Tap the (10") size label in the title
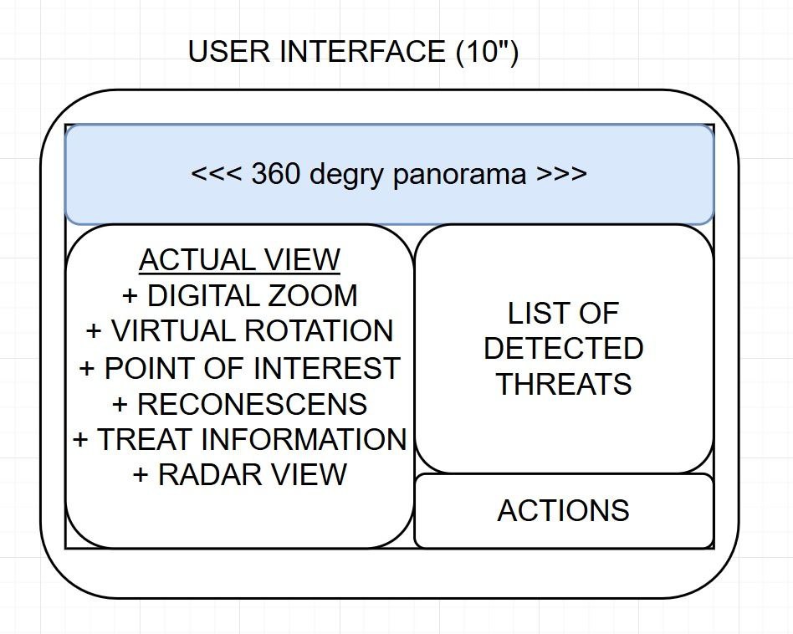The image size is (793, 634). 487,52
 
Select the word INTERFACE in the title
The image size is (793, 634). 365,52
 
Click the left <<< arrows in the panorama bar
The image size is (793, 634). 217,175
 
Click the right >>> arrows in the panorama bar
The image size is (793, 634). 561,175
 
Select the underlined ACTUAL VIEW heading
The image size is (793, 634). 239,260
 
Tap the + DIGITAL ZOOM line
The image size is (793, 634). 239,296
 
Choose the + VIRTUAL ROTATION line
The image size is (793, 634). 239,331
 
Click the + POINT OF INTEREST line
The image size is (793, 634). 239,368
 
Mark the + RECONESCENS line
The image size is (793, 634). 239,404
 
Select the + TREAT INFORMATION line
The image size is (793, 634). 239,439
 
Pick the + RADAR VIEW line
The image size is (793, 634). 239,475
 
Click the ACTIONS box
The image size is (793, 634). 564,511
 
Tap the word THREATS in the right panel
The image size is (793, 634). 564,385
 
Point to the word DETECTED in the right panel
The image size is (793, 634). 564,349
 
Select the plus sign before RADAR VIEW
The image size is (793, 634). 141,475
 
